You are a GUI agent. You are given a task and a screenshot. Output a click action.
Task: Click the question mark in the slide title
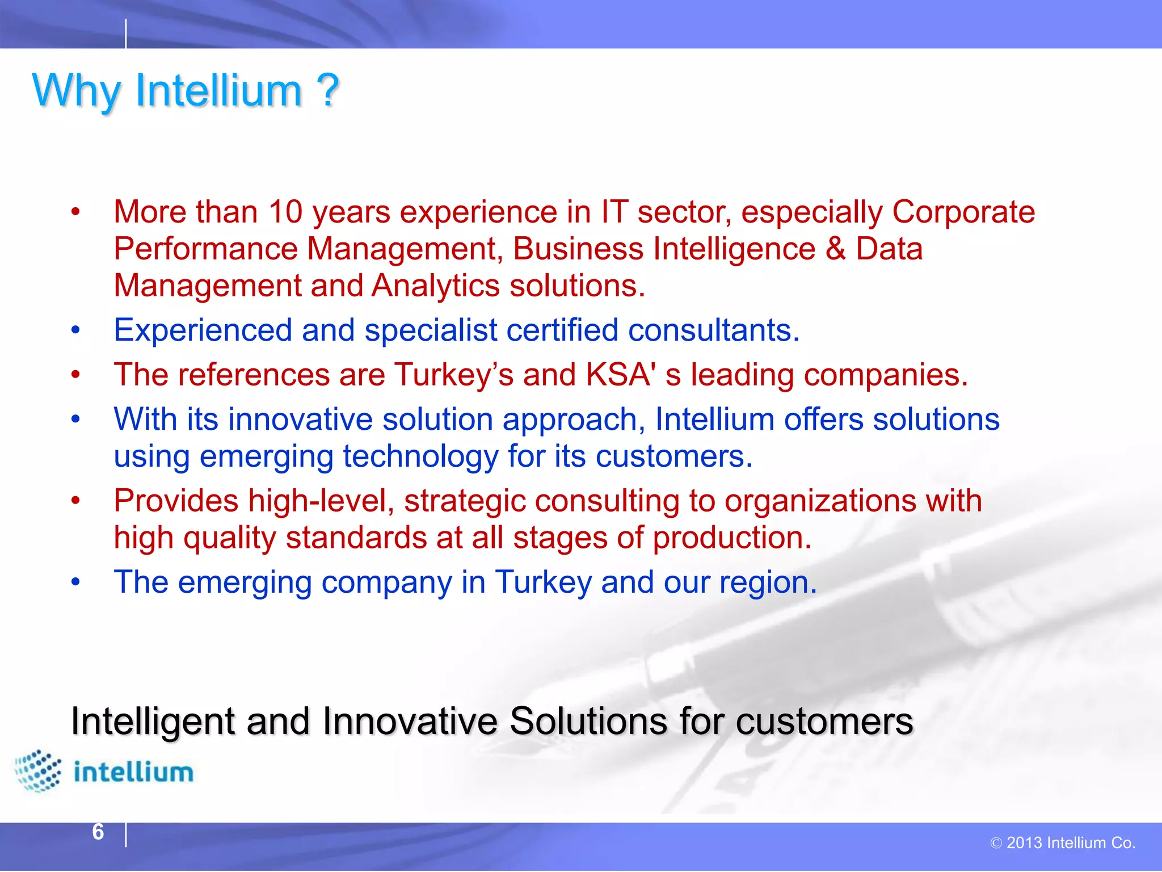[327, 91]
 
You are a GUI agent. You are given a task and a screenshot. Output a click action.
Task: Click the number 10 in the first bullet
[285, 212]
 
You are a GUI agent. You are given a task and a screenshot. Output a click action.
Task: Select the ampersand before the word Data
[835, 249]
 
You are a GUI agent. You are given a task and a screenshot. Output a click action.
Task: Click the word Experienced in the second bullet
[203, 330]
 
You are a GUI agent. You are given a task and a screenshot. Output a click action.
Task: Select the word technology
[420, 457]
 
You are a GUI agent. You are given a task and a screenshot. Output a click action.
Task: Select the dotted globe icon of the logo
[37, 770]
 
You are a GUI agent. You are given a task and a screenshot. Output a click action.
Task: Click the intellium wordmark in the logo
[133, 773]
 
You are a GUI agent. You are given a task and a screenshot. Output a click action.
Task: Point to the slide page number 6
[98, 832]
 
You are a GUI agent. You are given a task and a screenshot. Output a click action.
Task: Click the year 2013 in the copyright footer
[1024, 843]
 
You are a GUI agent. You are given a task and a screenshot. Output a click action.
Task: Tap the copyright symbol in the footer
[996, 844]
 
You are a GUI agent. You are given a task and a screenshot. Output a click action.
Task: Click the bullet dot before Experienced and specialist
[76, 330]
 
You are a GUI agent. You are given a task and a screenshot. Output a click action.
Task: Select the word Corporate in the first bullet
[963, 212]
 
